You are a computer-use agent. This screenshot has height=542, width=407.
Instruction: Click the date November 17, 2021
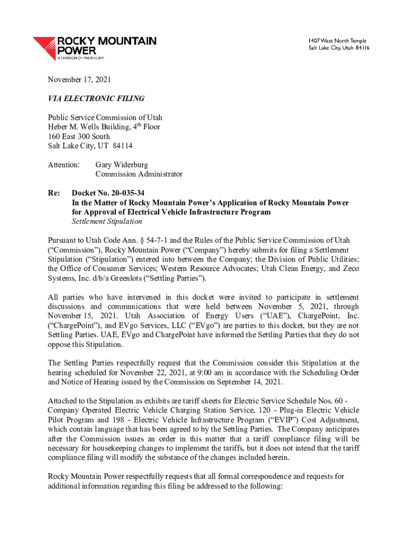pyautogui.click(x=80, y=80)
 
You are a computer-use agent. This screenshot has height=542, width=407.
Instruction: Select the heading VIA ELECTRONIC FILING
pyautogui.click(x=96, y=98)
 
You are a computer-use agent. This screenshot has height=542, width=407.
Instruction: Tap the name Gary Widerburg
pyautogui.click(x=122, y=165)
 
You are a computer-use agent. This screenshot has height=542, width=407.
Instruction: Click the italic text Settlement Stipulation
pyautogui.click(x=107, y=221)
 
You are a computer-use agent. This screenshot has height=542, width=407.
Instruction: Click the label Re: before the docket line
pyautogui.click(x=53, y=193)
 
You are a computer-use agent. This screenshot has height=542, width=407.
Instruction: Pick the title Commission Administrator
pyautogui.click(x=138, y=174)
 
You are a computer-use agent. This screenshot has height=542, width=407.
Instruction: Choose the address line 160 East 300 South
pyautogui.click(x=79, y=136)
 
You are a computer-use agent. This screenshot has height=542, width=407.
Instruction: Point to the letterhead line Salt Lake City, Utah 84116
pyautogui.click(x=339, y=48)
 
